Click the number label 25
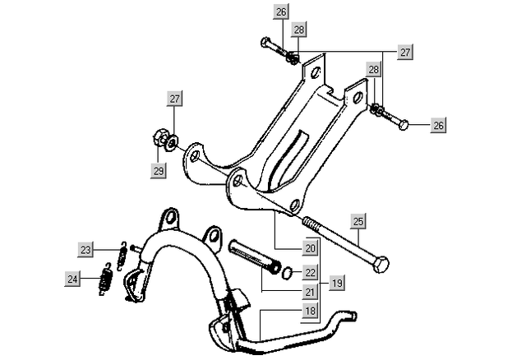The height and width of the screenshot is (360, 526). pyautogui.click(x=358, y=221)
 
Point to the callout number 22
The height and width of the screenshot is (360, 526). pyautogui.click(x=309, y=271)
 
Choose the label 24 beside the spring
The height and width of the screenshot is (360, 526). pyautogui.click(x=74, y=279)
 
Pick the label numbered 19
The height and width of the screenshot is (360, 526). pyautogui.click(x=337, y=282)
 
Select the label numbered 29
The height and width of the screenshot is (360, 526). pyautogui.click(x=158, y=171)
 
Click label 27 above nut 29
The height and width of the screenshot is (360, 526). pyautogui.click(x=174, y=99)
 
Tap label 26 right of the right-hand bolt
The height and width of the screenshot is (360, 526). pyautogui.click(x=438, y=126)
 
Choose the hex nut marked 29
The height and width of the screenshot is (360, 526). pyautogui.click(x=160, y=138)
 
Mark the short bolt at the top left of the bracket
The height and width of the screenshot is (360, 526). pyautogui.click(x=271, y=44)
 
